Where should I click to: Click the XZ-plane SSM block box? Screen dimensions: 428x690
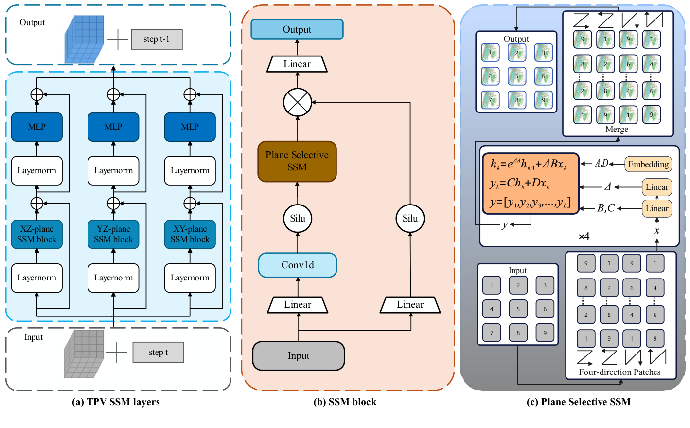click(37, 234)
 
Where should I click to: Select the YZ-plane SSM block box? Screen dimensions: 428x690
click(113, 234)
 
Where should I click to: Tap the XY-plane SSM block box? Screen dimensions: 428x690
click(190, 234)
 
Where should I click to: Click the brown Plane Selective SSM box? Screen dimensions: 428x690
click(297, 161)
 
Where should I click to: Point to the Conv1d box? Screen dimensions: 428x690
click(298, 265)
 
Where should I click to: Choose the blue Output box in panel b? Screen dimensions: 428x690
click(297, 30)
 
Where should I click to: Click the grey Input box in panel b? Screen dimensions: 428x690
click(298, 356)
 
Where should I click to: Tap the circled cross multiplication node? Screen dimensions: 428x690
click(297, 102)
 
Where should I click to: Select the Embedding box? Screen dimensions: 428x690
click(648, 164)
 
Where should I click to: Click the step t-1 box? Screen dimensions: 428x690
click(157, 39)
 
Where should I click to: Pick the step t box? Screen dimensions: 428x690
click(158, 353)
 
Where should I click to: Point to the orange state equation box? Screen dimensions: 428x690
click(531, 184)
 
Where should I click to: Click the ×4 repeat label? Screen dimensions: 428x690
click(584, 237)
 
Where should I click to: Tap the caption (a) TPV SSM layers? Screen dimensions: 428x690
click(116, 402)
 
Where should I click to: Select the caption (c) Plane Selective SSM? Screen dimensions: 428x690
click(578, 402)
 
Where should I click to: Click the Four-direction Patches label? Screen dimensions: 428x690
click(619, 372)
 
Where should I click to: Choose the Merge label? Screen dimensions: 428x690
click(617, 130)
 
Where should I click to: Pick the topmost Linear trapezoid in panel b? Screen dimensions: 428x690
click(297, 64)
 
